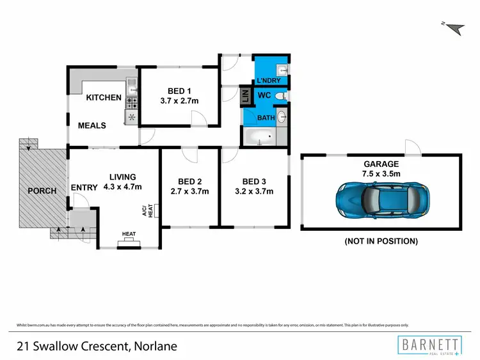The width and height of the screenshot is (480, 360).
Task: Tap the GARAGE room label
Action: pyautogui.click(x=381, y=163)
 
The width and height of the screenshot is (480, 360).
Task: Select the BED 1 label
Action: pyautogui.click(x=177, y=90)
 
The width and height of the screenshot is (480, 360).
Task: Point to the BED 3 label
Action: pyautogui.click(x=254, y=180)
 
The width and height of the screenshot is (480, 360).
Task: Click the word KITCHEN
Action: pyautogui.click(x=104, y=98)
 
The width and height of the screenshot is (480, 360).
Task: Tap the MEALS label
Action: pyautogui.click(x=92, y=125)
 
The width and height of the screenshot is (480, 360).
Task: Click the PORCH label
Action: pyautogui.click(x=41, y=191)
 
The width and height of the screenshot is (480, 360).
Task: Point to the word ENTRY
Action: pyautogui.click(x=84, y=187)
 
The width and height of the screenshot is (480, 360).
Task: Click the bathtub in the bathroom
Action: pyautogui.click(x=259, y=136)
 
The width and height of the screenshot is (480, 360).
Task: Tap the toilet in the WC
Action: pyautogui.click(x=284, y=96)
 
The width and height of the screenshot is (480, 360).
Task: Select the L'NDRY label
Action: pyautogui.click(x=269, y=81)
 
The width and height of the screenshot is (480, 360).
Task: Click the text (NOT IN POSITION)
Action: pyautogui.click(x=381, y=241)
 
